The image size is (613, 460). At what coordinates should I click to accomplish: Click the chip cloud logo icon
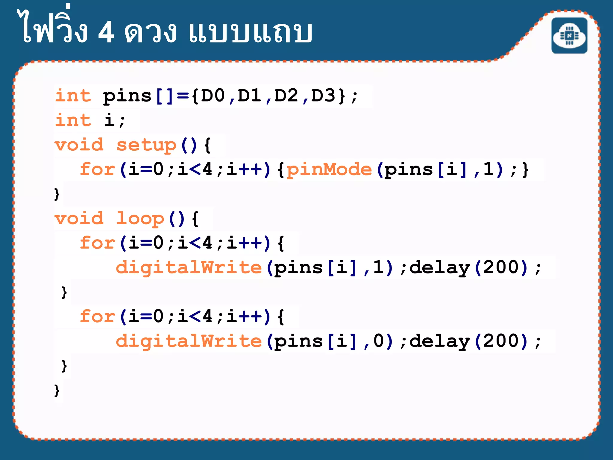tap(569, 36)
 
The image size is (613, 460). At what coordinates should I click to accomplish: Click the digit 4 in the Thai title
tap(106, 32)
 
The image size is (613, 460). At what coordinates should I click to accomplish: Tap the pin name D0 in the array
tap(213, 96)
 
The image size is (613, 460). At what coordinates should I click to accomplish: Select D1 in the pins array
tap(250, 96)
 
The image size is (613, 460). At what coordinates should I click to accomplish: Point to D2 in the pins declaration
tap(286, 96)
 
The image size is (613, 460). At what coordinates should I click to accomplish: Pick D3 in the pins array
tap(323, 96)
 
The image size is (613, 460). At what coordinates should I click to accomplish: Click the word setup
tap(146, 146)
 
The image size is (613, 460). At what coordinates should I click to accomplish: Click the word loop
tap(140, 219)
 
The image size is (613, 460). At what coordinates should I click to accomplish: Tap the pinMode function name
tap(329, 170)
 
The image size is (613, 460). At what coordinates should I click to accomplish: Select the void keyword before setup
tap(79, 145)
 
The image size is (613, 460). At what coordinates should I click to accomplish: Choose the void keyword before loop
tap(79, 218)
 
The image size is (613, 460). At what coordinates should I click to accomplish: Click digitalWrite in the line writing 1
tap(189, 267)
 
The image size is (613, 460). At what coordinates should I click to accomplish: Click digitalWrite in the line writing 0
tap(189, 341)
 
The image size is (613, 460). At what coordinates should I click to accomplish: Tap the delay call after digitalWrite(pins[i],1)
tap(439, 267)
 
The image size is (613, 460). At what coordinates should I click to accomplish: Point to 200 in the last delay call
tap(501, 341)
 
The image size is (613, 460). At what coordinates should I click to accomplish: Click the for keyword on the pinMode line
tap(98, 170)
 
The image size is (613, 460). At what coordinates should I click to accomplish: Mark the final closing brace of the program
tap(57, 390)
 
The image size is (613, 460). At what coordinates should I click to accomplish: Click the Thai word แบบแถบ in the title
tap(250, 32)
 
